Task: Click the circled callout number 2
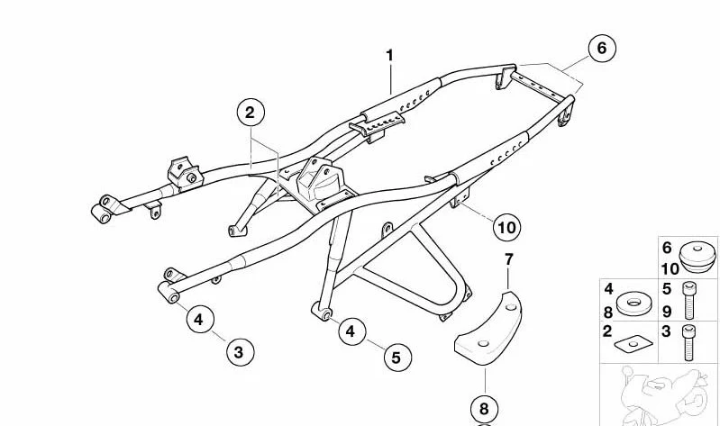coord(251,112)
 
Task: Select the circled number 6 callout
coord(602,48)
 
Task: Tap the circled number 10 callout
coord(507,227)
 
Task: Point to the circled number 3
coord(240,352)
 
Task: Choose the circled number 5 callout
coord(396,358)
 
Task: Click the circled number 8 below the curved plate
coord(485,409)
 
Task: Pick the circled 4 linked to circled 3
coord(200,319)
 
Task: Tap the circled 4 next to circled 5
coord(351,331)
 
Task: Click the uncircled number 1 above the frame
coord(390,56)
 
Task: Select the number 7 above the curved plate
coord(508,259)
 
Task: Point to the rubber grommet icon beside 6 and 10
coord(697,258)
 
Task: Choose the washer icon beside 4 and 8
coord(634,304)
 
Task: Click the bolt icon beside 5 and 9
coord(688,301)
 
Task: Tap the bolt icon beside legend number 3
coord(688,342)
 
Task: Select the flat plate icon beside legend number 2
coord(633,344)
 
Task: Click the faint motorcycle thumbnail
coord(661,395)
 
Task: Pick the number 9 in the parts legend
coord(667,312)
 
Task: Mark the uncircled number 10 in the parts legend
coord(670,269)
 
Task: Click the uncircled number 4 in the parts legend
coord(608,289)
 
